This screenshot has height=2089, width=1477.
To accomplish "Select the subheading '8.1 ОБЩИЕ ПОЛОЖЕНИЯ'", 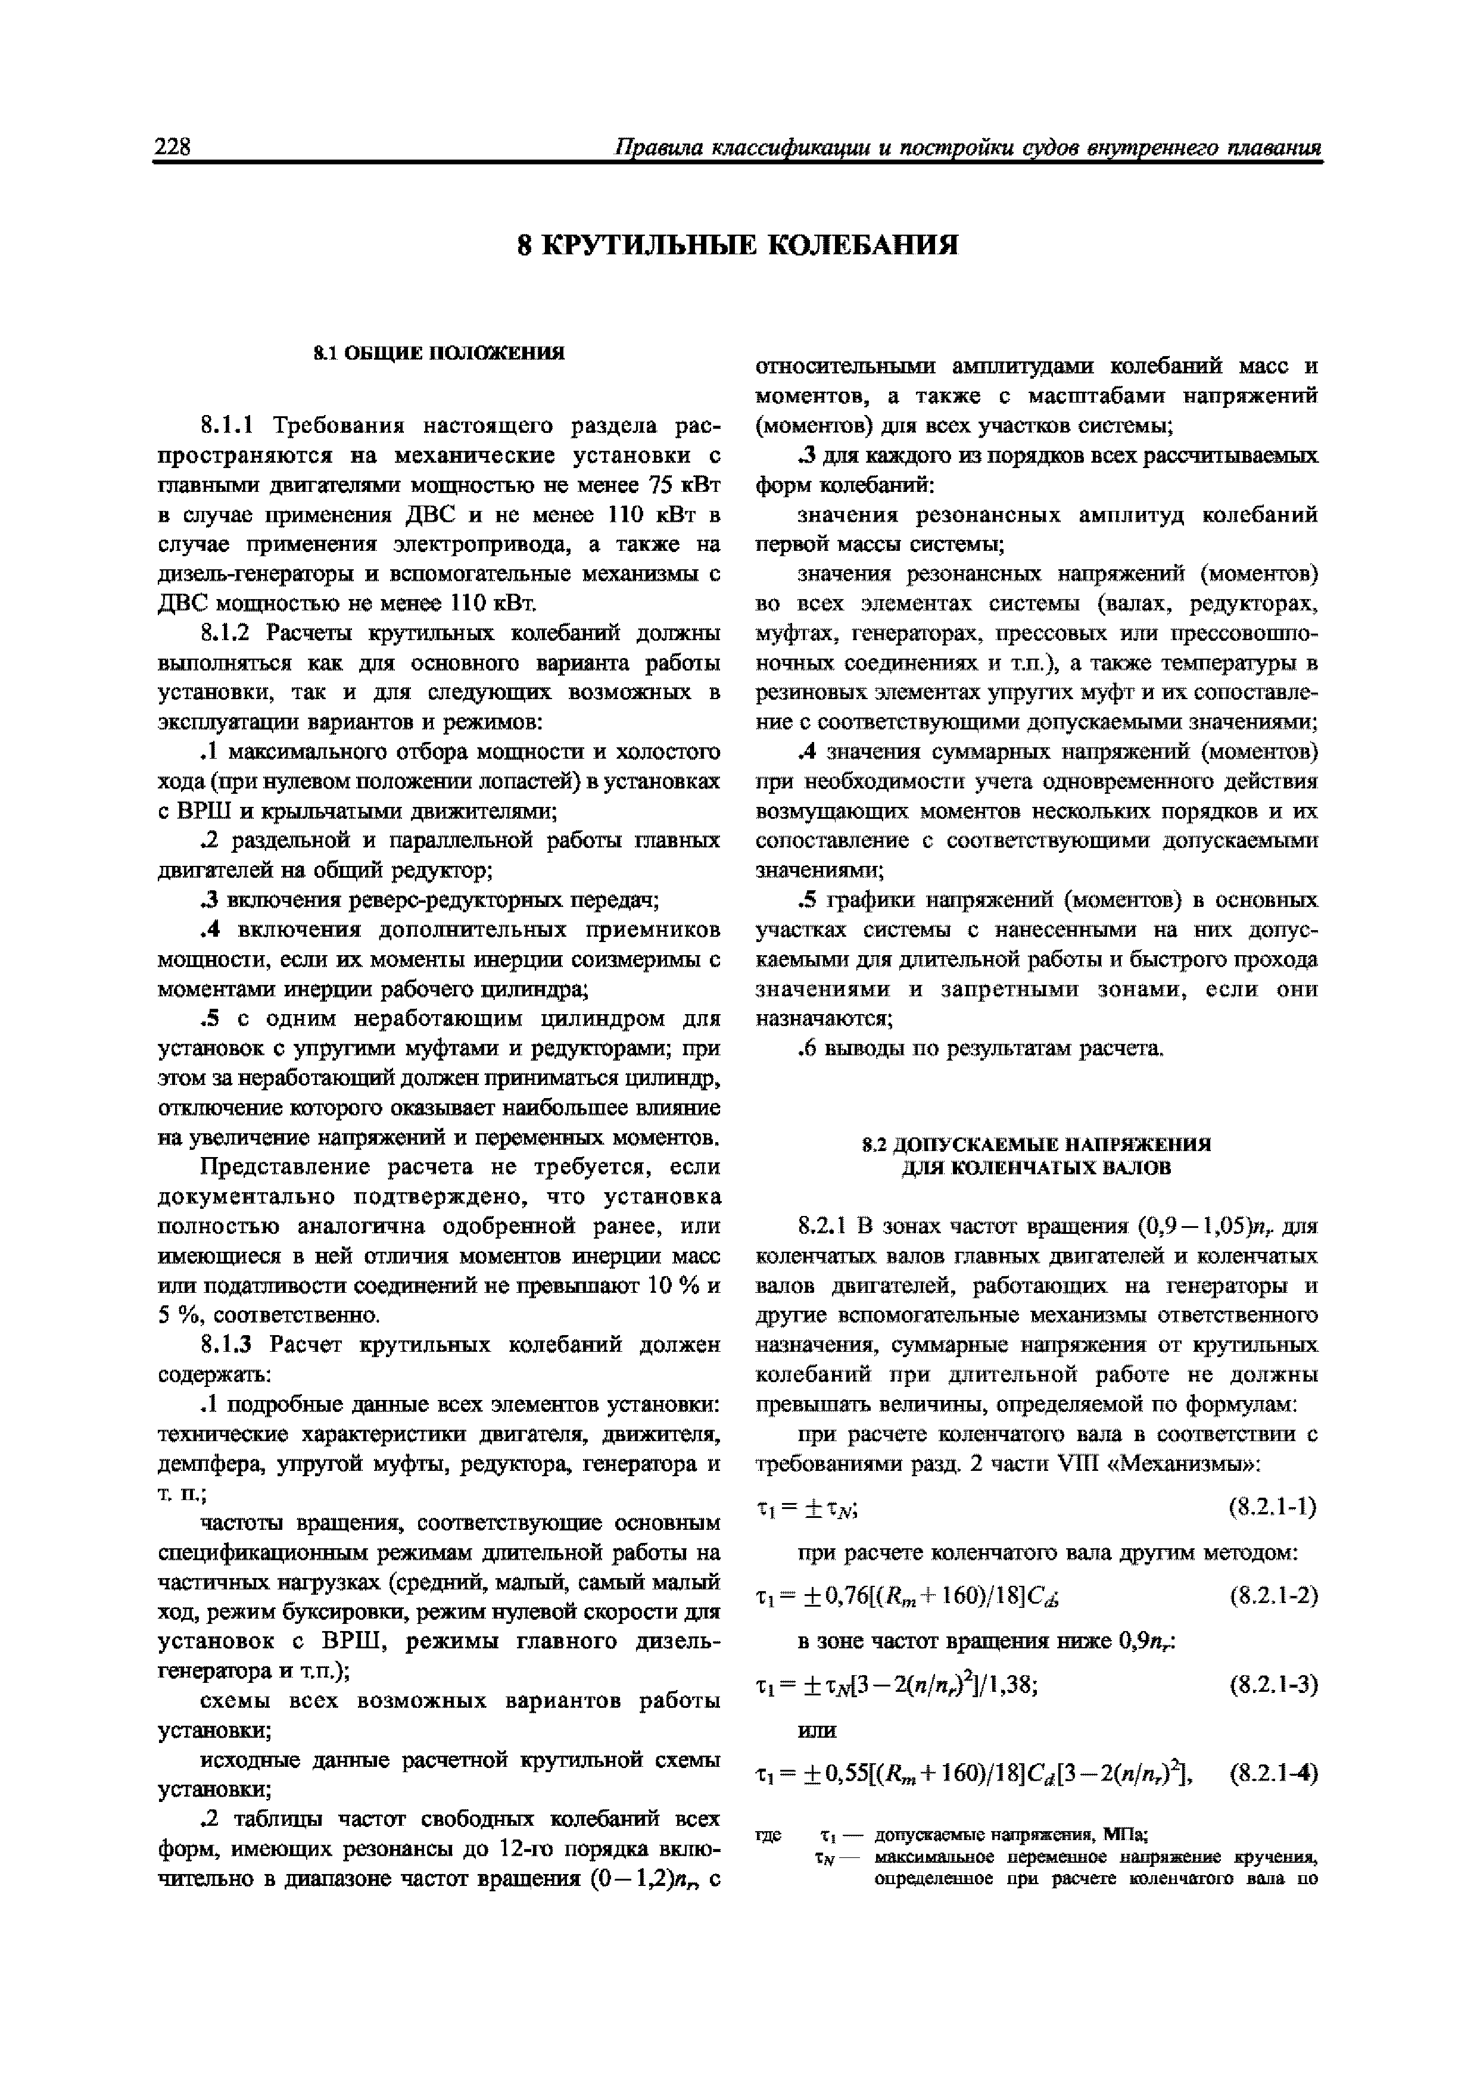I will pos(439,353).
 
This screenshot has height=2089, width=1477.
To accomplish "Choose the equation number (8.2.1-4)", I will pos(1272,1773).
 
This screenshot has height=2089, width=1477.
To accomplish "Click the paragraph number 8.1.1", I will pos(231,426).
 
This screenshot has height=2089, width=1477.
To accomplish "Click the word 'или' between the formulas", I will pos(817,1729).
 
